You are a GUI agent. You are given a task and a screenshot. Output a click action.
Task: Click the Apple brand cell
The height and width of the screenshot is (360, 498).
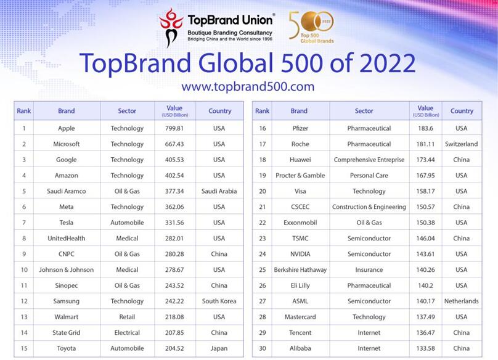point(67,128)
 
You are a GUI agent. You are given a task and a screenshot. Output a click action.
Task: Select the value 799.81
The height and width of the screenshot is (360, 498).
point(174,128)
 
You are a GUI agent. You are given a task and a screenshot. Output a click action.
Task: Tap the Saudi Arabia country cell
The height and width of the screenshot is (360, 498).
point(219,191)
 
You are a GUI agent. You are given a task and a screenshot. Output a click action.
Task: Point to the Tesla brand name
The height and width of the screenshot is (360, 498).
point(67,223)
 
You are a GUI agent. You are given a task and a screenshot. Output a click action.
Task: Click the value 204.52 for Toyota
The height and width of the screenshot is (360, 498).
point(174,348)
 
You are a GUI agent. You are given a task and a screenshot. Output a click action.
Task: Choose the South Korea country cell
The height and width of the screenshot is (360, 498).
point(219,301)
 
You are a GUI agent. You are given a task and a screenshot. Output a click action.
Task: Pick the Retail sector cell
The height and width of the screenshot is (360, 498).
point(127,317)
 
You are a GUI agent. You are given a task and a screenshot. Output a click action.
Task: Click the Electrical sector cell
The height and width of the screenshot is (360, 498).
point(127,333)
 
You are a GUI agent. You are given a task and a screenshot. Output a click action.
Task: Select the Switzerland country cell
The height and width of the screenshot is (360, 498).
point(461,144)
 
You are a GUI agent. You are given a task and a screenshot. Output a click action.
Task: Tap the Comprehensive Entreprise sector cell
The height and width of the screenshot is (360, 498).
point(369,160)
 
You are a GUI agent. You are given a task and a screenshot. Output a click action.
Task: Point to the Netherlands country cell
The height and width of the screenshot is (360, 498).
point(461,301)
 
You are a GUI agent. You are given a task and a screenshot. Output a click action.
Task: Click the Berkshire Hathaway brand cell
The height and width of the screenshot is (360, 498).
point(300,270)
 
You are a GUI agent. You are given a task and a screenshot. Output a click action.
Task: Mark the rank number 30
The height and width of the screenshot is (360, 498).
point(263,348)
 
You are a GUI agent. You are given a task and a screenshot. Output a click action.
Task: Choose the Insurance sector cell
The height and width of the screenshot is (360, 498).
point(369,270)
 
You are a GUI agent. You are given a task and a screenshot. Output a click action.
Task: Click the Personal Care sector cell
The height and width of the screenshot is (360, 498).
point(369,176)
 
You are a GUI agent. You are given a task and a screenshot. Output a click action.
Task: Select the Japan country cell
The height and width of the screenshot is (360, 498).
point(219,348)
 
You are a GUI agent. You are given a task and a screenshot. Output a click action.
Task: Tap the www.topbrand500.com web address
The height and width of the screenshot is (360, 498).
point(248,86)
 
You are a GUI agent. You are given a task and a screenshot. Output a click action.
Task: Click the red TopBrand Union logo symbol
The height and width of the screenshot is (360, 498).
point(171,28)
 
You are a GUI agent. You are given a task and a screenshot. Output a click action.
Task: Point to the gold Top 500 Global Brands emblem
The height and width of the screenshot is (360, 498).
point(312,27)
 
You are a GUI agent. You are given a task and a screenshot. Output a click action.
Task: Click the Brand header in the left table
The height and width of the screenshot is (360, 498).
point(67,111)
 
